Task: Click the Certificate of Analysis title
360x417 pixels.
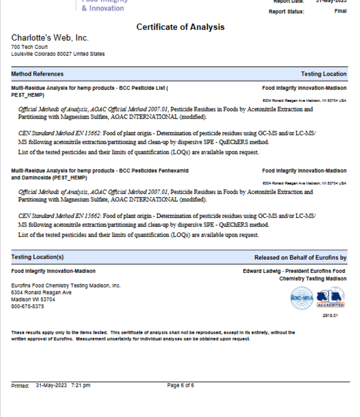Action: [x=180, y=27]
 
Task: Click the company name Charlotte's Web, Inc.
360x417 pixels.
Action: [x=50, y=38]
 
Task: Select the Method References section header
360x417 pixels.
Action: [x=37, y=74]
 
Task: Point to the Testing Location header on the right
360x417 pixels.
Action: [x=323, y=74]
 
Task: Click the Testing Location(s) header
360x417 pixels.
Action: [x=37, y=257]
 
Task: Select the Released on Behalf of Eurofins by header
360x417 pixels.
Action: [x=300, y=257]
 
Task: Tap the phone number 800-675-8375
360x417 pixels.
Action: [x=27, y=306]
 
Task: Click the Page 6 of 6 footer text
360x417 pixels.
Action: [x=180, y=385]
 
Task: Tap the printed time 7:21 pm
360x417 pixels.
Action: [x=80, y=385]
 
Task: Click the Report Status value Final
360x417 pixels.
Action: [x=340, y=12]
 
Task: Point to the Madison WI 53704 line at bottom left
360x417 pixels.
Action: [x=33, y=300]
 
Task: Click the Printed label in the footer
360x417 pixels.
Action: [x=20, y=385]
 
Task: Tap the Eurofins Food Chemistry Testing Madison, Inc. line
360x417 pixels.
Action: [x=66, y=286]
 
